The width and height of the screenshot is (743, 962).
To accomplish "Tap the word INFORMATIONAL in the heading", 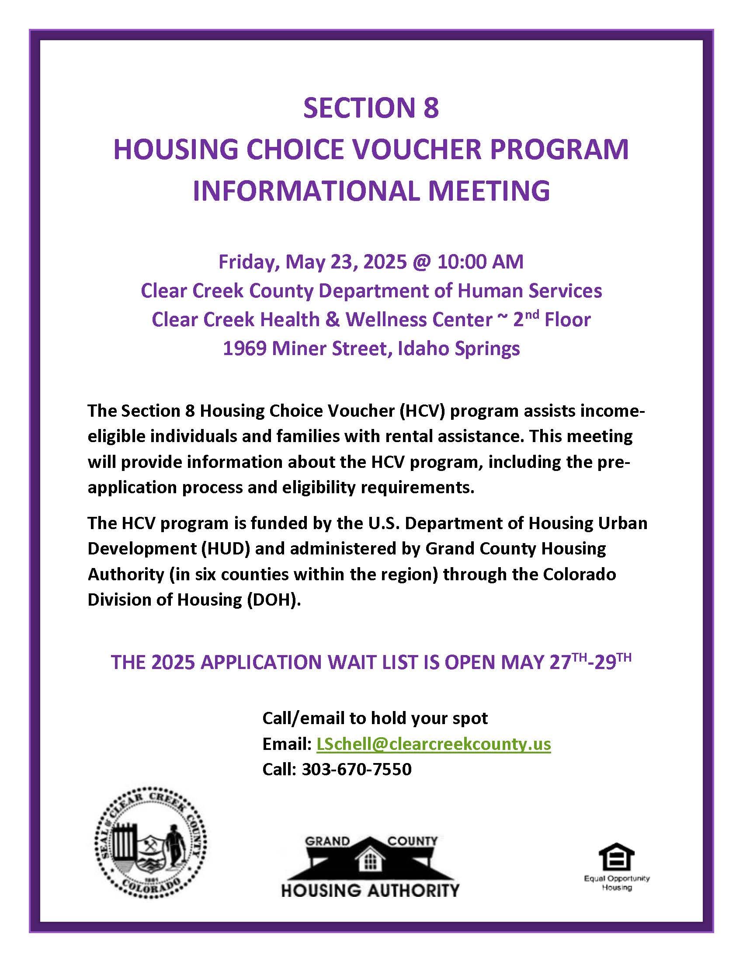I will tap(303, 191).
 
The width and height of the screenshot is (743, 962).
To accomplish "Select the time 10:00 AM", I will tap(480, 262).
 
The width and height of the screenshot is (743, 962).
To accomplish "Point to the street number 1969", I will tap(244, 349).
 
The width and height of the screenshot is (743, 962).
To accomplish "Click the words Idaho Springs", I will tap(458, 349).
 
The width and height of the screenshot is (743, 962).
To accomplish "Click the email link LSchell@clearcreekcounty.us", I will tap(434, 744).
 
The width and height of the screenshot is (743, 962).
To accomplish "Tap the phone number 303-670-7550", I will tap(357, 769).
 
